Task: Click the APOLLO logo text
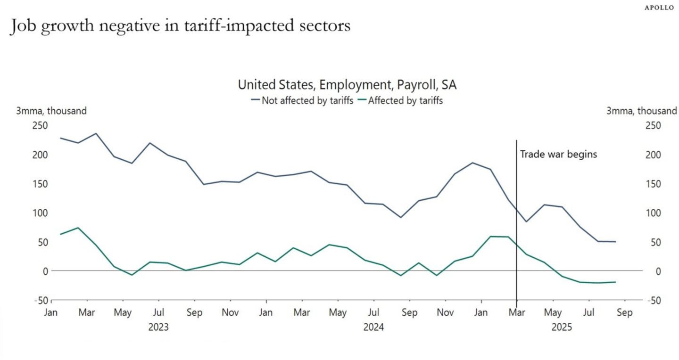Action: tap(659, 8)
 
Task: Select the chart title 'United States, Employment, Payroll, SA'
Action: tap(347, 85)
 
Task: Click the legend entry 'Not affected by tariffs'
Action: tap(307, 100)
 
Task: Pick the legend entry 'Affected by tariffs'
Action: tap(405, 100)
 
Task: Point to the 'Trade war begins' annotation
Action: tap(558, 154)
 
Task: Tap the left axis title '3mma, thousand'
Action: tap(51, 111)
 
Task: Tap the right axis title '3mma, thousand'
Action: tap(641, 111)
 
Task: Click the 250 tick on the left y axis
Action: tap(40, 125)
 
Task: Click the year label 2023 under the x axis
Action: tap(158, 327)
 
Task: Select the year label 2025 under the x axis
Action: tap(562, 327)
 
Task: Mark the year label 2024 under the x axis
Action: tap(373, 327)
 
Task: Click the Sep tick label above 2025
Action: tap(625, 313)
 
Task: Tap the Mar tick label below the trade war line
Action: tap(517, 313)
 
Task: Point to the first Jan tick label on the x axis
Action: tap(51, 313)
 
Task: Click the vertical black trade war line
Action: tap(517, 188)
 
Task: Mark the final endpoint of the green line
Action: tap(615, 282)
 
